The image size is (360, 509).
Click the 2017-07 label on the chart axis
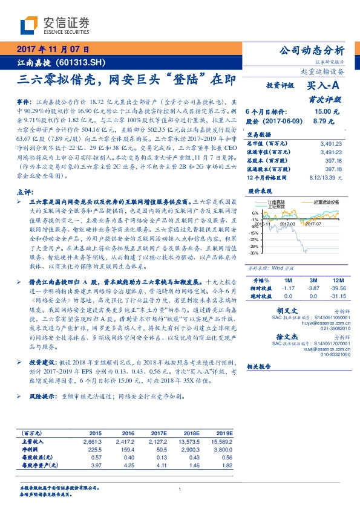[313, 223]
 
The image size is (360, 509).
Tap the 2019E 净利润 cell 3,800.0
[221, 450]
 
